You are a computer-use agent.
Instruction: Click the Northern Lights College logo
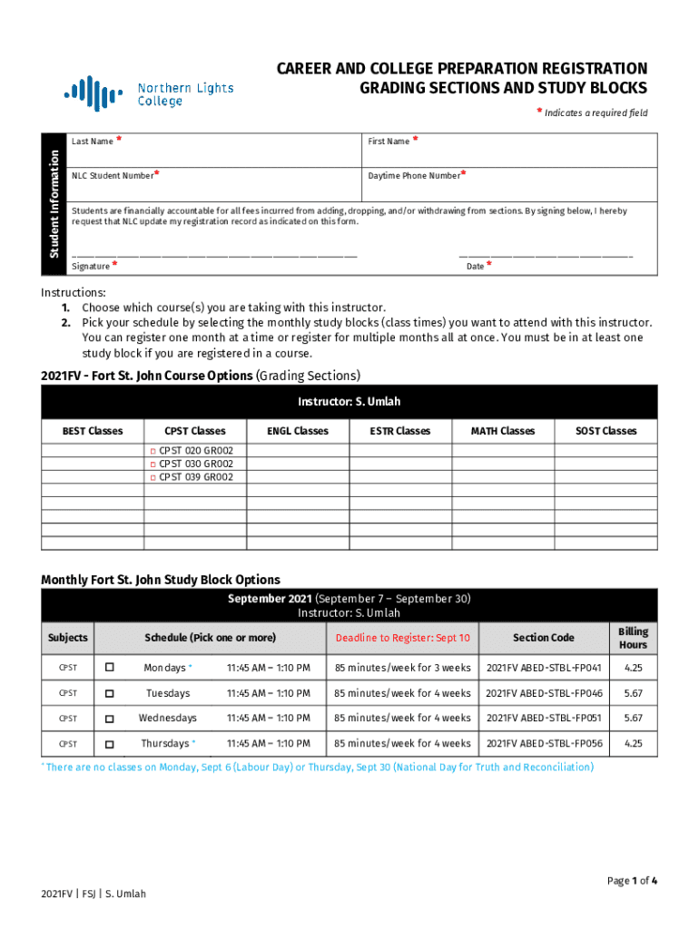click(x=148, y=93)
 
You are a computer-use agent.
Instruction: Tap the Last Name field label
click(x=93, y=142)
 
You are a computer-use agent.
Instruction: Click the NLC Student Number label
click(x=113, y=176)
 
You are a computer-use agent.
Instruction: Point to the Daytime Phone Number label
click(x=414, y=176)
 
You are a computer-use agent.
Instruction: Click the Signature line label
click(x=91, y=267)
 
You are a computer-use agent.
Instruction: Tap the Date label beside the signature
click(x=475, y=267)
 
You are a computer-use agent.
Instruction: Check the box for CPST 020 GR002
click(x=153, y=451)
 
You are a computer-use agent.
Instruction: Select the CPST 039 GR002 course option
click(x=153, y=477)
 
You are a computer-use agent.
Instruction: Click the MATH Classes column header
click(x=503, y=431)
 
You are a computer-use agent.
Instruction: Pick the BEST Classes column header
click(x=92, y=431)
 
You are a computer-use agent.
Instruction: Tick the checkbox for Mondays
click(x=110, y=668)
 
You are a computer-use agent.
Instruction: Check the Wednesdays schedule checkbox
click(x=110, y=719)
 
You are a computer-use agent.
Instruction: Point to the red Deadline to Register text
click(x=402, y=638)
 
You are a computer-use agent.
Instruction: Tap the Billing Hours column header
click(x=633, y=638)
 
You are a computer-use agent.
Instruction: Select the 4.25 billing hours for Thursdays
click(x=633, y=744)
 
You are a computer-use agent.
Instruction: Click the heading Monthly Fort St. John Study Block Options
click(x=161, y=580)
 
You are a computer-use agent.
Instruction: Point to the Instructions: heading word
click(x=74, y=293)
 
